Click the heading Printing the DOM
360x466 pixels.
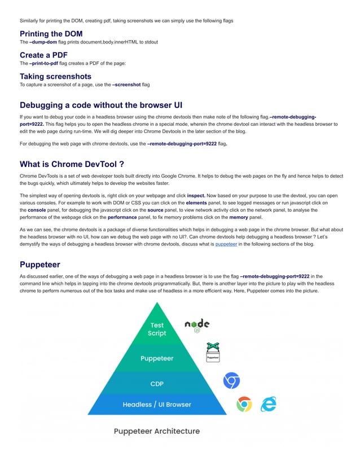pos(51,34)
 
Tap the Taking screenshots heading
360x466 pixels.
pos(55,76)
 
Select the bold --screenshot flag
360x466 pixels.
pos(130,85)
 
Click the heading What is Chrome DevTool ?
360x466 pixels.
pos(72,164)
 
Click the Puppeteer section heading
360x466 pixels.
pos(41,264)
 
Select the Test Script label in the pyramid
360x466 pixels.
pos(157,329)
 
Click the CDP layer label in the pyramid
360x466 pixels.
pos(157,384)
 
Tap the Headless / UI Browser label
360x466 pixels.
pos(157,404)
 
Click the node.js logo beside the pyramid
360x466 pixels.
pos(197,325)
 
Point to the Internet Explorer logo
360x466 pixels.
pos(268,404)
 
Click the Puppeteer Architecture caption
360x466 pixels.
pos(157,432)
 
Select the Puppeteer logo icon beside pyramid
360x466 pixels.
pos(213,353)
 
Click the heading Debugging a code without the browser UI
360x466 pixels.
pos(101,105)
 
